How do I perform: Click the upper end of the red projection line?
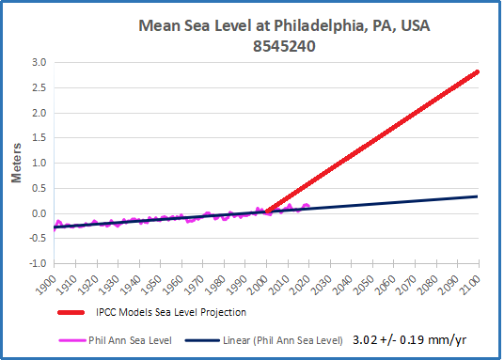477,72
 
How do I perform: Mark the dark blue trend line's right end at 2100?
477,196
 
